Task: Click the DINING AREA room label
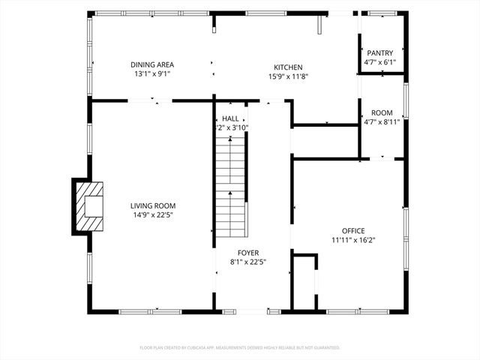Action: click(x=152, y=65)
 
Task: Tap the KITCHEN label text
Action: click(x=289, y=66)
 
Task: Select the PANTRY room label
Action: click(x=380, y=52)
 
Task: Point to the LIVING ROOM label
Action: click(x=153, y=205)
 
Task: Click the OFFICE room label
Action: click(x=353, y=231)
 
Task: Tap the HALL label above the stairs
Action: click(x=231, y=118)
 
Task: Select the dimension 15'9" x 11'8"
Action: click(x=289, y=76)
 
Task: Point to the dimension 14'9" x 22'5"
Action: click(x=153, y=215)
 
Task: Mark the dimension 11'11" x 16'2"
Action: click(x=353, y=241)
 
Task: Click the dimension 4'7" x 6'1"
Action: click(x=380, y=62)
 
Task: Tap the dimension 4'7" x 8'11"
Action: click(x=382, y=121)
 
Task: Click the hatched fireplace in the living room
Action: click(x=89, y=205)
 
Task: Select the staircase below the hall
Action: click(x=231, y=187)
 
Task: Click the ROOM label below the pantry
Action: click(x=382, y=112)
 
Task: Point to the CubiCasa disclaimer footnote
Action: click(x=240, y=348)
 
